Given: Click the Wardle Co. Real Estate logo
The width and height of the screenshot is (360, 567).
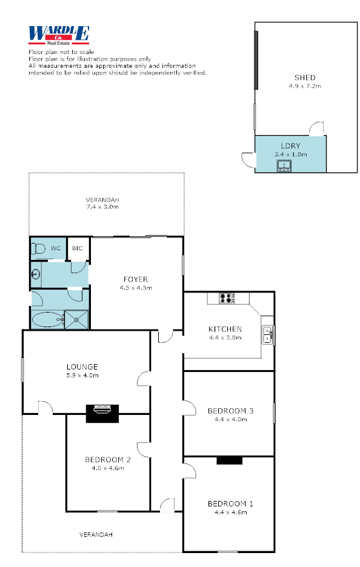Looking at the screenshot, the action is [59, 35].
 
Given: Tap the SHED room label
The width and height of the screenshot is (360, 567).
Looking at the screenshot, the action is [305, 78].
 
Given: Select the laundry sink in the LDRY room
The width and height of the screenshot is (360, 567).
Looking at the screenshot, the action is [284, 166].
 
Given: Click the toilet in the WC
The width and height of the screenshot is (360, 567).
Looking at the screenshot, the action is [38, 248].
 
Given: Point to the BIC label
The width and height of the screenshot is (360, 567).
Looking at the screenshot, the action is [77, 248].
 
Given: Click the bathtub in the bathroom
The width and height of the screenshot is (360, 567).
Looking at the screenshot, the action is [48, 320].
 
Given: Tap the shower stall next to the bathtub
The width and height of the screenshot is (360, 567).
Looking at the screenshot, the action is [76, 320].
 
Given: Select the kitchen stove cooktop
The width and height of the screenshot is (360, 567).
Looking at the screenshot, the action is [227, 298].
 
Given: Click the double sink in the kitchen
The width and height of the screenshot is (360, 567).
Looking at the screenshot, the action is [267, 334].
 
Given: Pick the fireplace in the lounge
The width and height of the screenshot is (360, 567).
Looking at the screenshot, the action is [102, 413].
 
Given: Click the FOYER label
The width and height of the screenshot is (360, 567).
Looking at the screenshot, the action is [136, 279].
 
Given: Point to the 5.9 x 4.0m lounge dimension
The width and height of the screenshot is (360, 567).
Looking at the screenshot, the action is [82, 376].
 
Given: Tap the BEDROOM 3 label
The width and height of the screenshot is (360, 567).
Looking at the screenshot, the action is [230, 411].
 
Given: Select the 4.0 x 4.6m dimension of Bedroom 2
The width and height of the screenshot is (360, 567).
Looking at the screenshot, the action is [108, 468].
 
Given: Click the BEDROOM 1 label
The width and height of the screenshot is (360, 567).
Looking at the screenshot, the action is [230, 504].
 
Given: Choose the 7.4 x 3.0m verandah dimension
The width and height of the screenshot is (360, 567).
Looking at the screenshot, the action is [102, 207].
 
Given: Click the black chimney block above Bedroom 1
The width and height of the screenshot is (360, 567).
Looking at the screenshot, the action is [229, 460].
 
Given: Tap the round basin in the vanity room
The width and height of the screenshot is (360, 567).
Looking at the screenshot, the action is [36, 274].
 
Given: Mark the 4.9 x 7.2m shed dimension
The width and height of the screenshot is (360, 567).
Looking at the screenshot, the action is [305, 86].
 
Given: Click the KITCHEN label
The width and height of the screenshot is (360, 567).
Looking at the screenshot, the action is [225, 329].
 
